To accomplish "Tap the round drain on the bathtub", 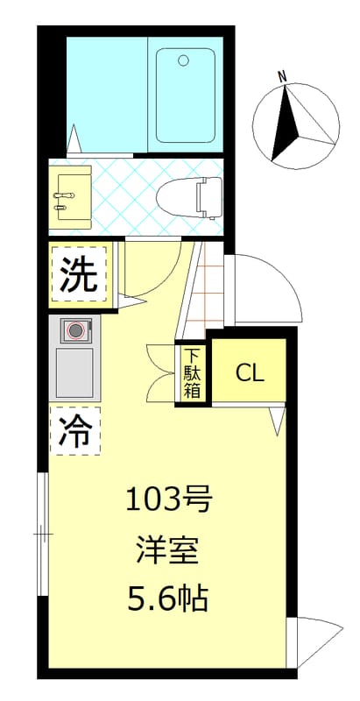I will click(183, 60).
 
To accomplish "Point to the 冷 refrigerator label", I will click(75, 430).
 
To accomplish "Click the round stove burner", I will click(75, 330).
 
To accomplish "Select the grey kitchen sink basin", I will click(74, 372).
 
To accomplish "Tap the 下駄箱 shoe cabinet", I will click(192, 374).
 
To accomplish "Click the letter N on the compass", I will click(282, 76).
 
